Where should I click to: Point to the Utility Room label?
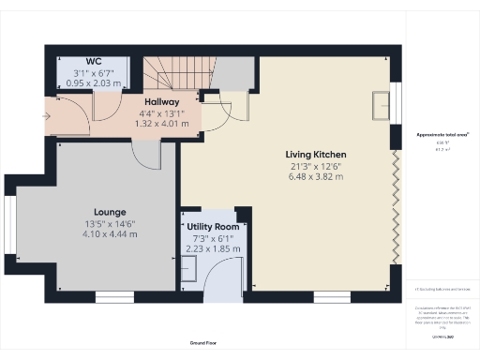click(x=216, y=228)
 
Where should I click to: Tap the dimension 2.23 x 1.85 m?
click(x=216, y=249)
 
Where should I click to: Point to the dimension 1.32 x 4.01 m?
click(x=161, y=122)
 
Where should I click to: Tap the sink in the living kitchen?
click(x=381, y=105)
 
